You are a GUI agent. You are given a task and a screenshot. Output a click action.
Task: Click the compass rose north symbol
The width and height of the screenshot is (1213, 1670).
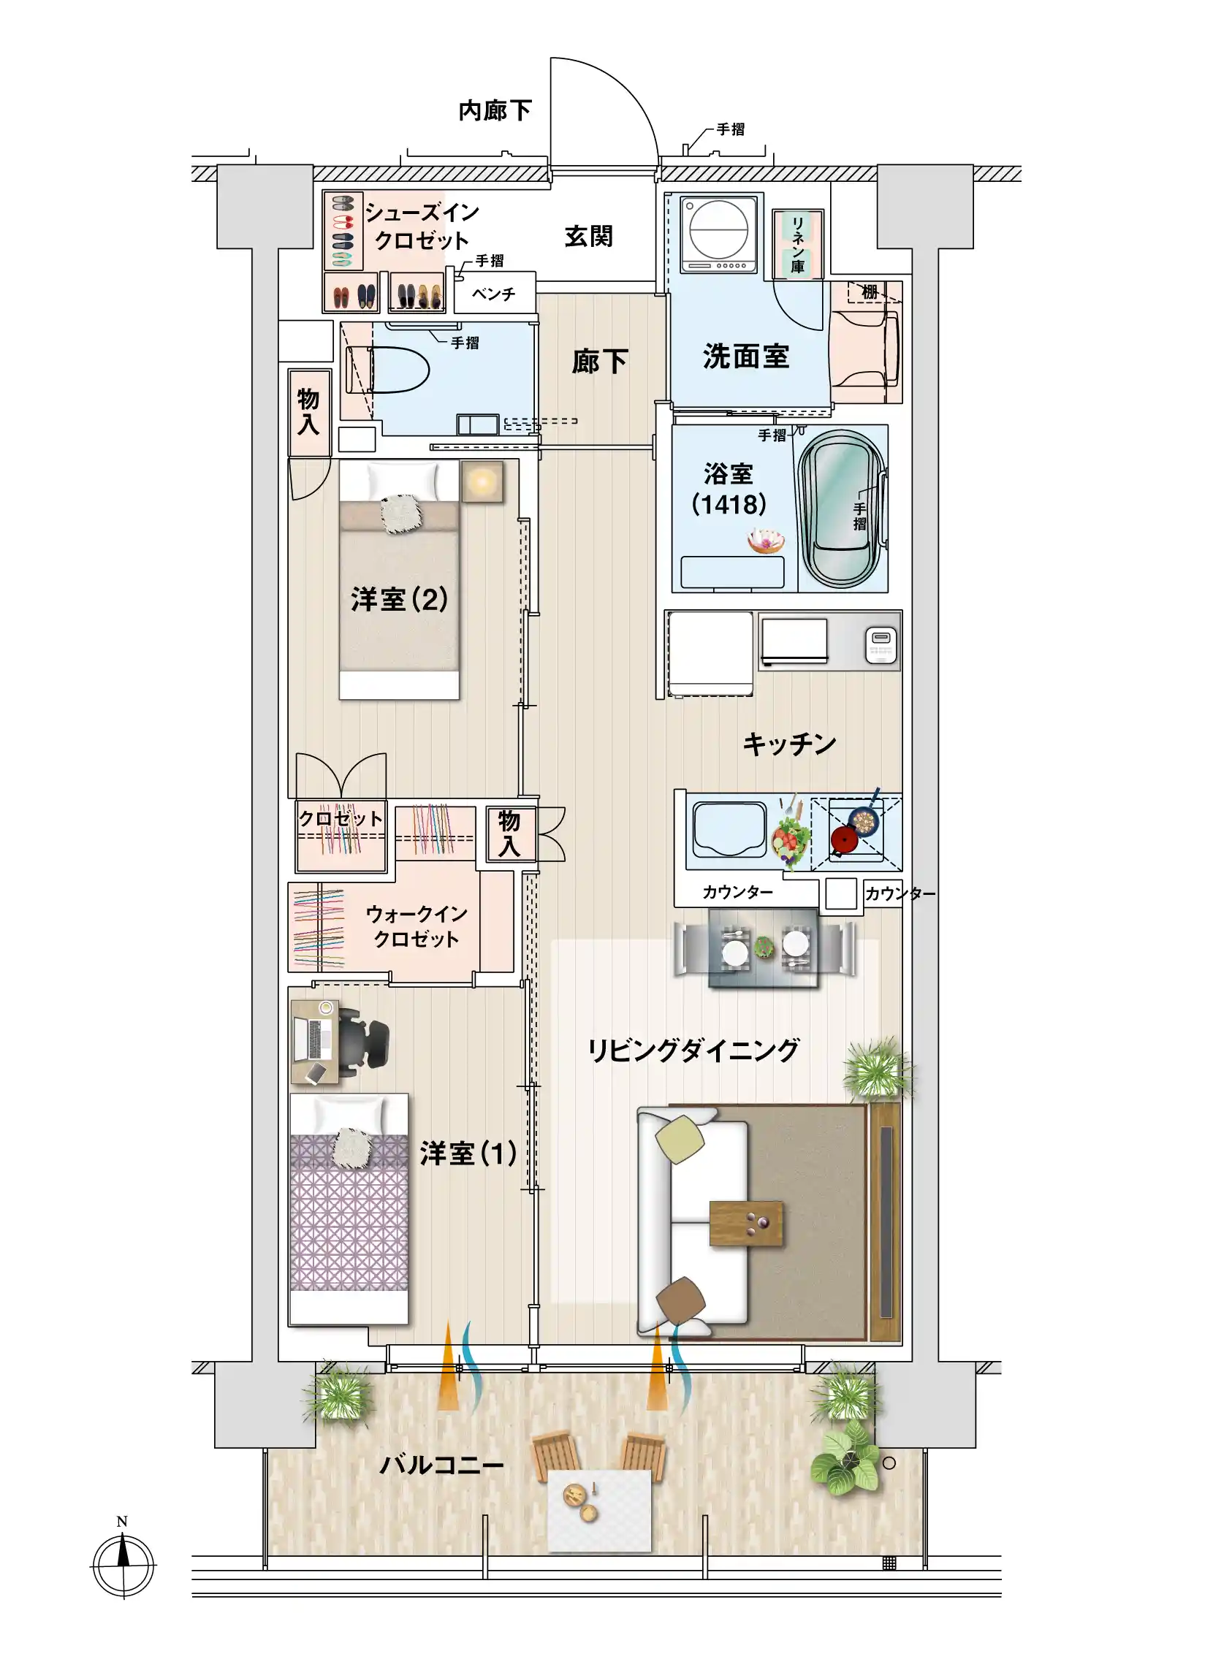pos(123,1564)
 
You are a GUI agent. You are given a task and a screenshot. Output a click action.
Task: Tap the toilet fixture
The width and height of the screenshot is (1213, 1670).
pos(388,370)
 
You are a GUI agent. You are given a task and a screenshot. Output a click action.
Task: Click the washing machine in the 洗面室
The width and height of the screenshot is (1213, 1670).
pos(718,235)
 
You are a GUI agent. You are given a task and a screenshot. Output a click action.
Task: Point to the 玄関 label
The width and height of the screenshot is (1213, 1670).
pos(588,237)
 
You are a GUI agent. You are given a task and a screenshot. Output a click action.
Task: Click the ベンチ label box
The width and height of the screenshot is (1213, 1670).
pos(494,294)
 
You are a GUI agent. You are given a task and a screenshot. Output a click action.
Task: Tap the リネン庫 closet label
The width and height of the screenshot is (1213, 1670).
pos(798,245)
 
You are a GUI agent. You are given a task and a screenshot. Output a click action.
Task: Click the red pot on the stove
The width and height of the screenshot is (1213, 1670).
pos(843,839)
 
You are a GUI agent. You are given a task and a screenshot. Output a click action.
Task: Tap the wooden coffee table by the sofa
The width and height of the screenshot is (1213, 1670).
pos(745,1223)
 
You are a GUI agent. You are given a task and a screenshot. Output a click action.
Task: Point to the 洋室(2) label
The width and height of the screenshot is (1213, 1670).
pos(400,598)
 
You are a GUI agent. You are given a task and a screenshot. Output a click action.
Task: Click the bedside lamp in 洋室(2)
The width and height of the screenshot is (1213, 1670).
pos(482,481)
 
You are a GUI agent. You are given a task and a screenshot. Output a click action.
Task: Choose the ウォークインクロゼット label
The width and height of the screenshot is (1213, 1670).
pos(417,926)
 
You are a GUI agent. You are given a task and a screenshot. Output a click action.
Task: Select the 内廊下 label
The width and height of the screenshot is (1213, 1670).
pos(495,110)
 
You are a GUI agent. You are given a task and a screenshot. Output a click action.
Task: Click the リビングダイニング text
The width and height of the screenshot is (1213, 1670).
pos(693,1050)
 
